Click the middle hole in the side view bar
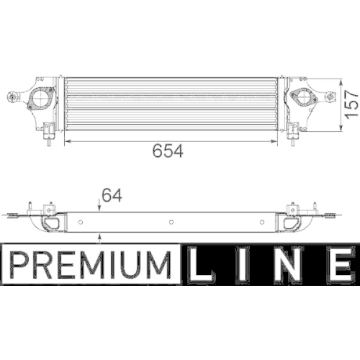[171, 221]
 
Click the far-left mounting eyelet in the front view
[12, 98]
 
